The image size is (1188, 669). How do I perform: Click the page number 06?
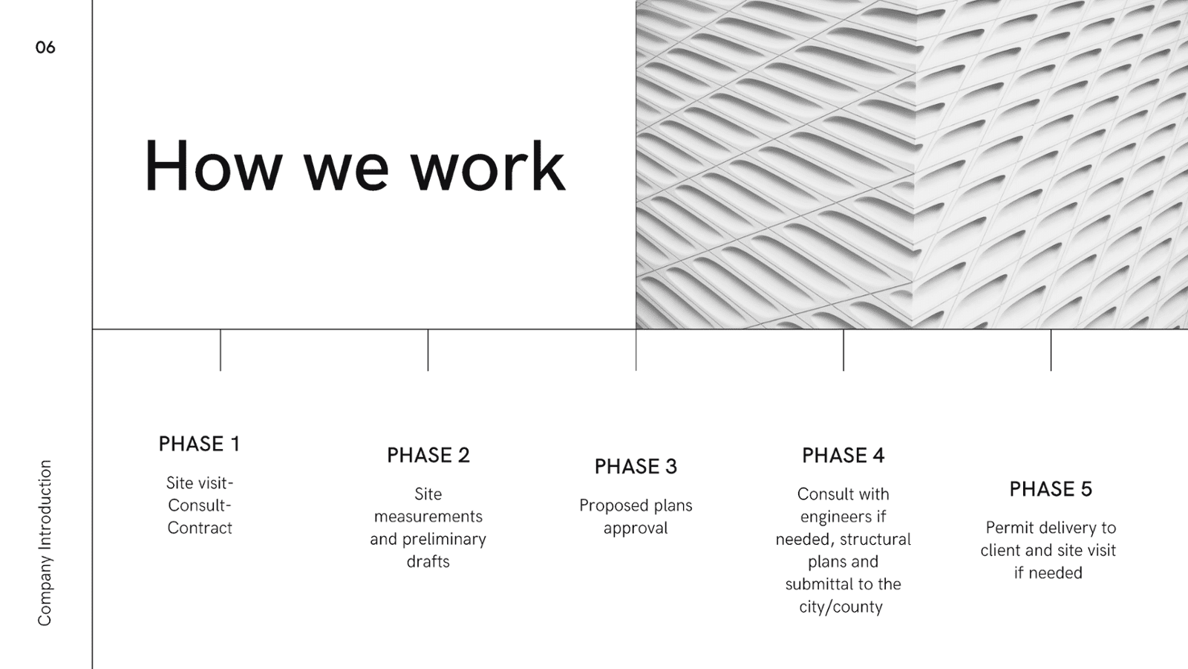click(45, 48)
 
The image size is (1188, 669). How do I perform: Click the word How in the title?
click(212, 166)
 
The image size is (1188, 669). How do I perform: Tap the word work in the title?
click(489, 166)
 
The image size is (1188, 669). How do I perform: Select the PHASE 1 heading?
click(200, 444)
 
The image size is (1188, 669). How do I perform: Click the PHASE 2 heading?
click(428, 456)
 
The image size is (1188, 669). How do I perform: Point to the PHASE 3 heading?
click(636, 467)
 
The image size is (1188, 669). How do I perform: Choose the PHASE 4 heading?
click(843, 456)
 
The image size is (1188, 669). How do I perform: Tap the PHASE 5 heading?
click(1051, 489)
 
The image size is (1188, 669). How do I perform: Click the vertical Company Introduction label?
click(45, 543)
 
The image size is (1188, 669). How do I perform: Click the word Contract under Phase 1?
click(200, 528)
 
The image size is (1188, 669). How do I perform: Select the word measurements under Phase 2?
click(428, 517)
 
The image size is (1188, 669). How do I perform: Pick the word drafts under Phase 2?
click(428, 562)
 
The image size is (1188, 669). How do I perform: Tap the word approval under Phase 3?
click(636, 529)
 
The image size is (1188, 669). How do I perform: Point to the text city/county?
click(841, 607)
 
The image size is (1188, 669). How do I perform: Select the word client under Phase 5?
click(1000, 551)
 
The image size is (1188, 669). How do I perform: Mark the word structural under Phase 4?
click(876, 540)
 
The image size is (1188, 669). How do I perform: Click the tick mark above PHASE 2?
click(428, 350)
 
